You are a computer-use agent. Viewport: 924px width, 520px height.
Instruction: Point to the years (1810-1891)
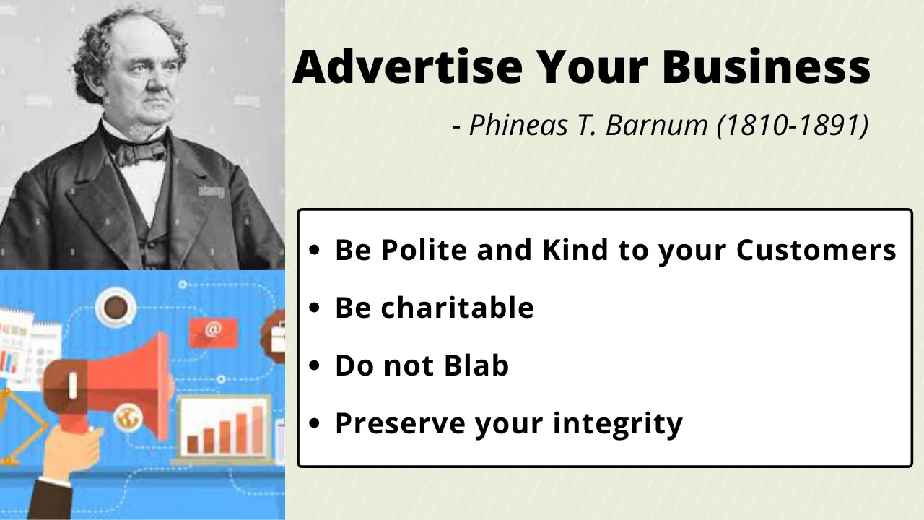tap(792, 125)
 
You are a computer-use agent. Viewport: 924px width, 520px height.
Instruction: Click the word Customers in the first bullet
tap(816, 250)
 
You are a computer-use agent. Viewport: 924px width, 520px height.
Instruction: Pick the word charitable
tap(457, 308)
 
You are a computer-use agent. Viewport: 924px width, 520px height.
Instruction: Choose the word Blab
tap(476, 365)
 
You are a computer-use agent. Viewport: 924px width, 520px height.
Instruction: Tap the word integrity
tap(618, 423)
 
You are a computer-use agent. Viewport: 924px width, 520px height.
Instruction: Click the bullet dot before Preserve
tap(313, 424)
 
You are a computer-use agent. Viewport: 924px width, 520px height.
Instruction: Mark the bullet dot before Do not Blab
tap(313, 366)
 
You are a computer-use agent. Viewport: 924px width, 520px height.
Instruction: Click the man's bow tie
tap(141, 152)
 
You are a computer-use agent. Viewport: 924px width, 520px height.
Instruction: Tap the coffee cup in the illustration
tap(115, 308)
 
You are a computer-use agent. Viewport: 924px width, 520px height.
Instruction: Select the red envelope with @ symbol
tap(212, 331)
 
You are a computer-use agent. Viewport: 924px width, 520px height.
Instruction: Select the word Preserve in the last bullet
tap(399, 423)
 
